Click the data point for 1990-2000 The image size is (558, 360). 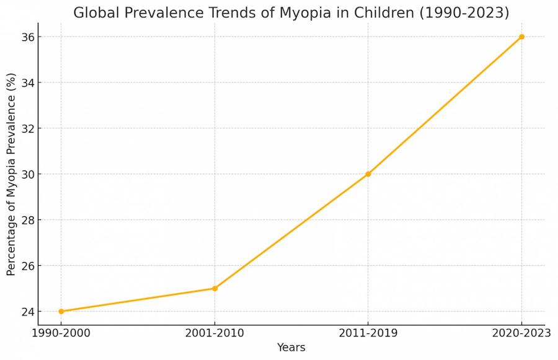point(61,311)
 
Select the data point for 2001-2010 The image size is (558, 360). point(215,288)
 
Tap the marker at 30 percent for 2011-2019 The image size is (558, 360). point(368,174)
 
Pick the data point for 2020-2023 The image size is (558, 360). point(521,37)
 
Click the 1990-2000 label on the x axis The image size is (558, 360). point(61,333)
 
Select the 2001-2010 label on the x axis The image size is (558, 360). point(215,333)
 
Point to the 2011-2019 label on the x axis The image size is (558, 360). point(368,333)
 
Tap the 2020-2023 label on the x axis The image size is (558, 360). point(521,333)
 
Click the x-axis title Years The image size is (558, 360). point(291,347)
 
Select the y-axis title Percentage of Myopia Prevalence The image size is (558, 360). point(11,174)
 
